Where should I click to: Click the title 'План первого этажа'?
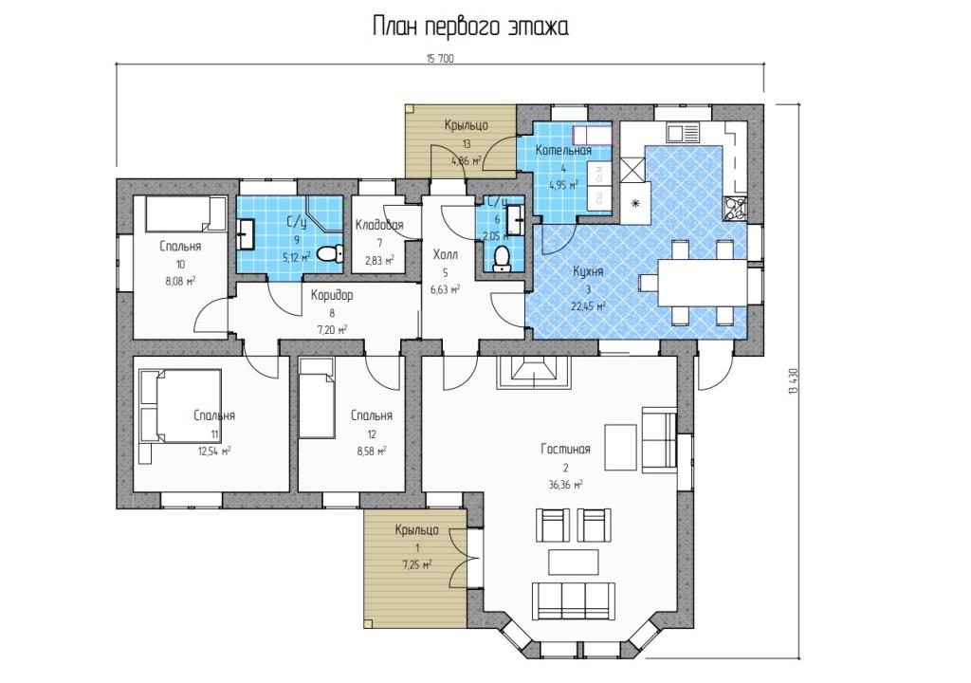pos(470,28)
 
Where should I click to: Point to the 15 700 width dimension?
pos(440,59)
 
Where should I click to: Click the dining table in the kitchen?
pos(702,282)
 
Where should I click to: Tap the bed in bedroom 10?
pos(186,213)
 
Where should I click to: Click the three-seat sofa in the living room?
pos(574,600)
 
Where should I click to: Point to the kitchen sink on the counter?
pos(683,132)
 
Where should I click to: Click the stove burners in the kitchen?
pos(736,209)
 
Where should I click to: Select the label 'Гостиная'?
pos(565,450)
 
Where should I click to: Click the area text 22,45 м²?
pos(588,305)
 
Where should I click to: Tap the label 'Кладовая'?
pos(379,225)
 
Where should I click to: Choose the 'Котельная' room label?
pos(563,150)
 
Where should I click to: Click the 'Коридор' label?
pos(332,296)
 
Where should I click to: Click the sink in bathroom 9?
pos(246,233)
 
